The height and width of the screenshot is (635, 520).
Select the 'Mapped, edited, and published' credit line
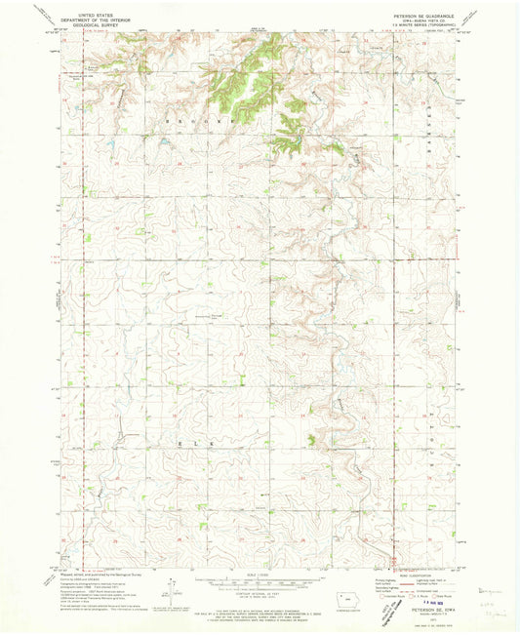click(x=98, y=575)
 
